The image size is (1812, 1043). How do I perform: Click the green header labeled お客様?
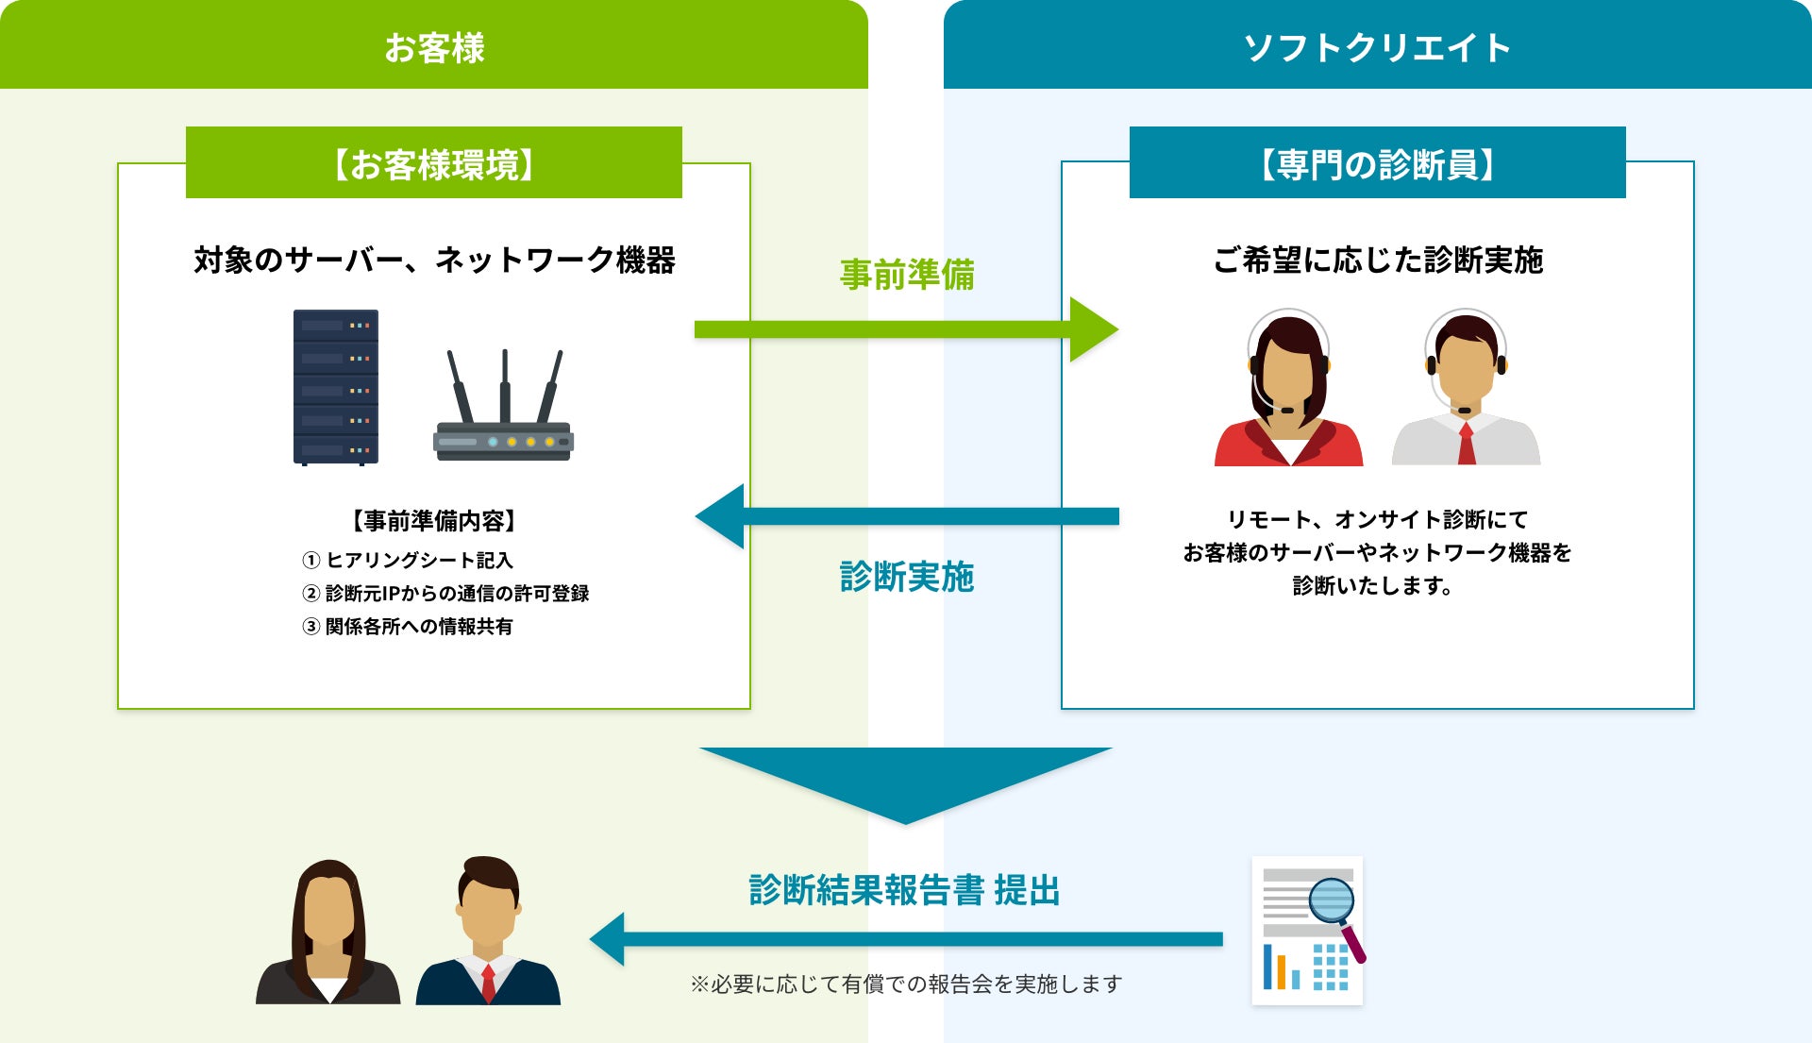point(434,45)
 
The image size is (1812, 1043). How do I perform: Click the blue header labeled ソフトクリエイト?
point(1377,45)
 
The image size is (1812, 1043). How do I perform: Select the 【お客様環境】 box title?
point(433,163)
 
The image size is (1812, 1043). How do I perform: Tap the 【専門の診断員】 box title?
point(1377,163)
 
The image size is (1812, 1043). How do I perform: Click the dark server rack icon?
point(336,387)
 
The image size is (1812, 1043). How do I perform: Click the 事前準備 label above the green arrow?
point(907,275)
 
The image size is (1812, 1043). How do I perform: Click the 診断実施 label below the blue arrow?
point(907,577)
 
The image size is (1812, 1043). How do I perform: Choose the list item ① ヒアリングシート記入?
point(408,561)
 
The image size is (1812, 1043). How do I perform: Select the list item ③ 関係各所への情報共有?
point(408,627)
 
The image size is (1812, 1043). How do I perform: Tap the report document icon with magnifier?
point(1307,931)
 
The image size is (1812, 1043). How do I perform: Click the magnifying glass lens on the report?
point(1332,900)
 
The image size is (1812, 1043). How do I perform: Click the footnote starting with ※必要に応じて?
point(906,984)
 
